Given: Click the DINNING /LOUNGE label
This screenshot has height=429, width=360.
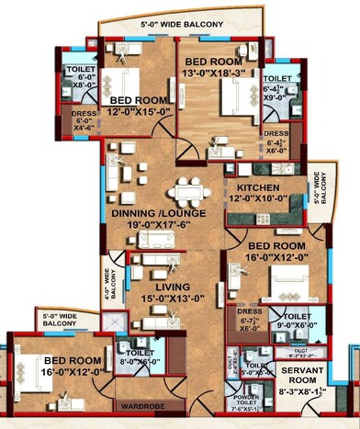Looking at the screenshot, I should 159,213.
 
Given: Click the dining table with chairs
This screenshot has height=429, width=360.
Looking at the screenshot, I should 190,190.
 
